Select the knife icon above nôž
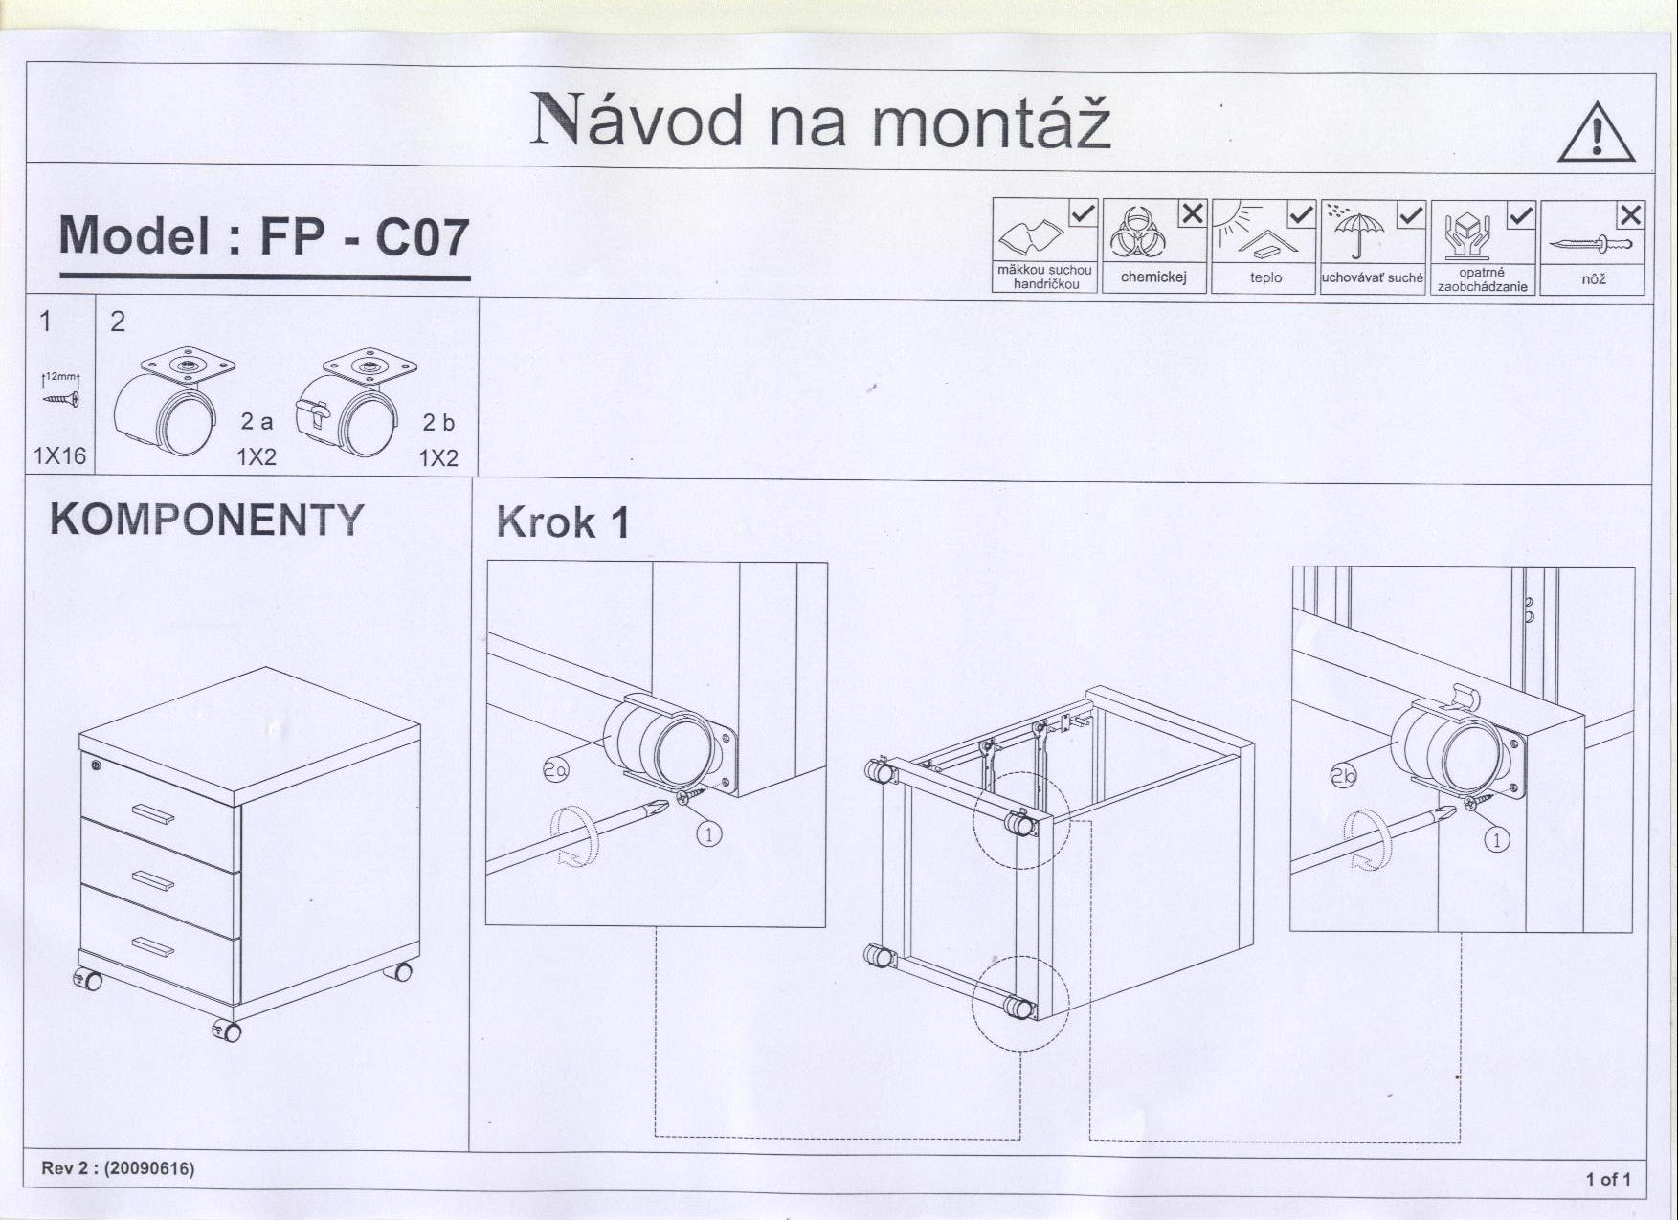pos(1590,244)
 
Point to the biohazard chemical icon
pos(1137,233)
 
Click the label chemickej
pos(1153,277)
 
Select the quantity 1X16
pos(59,455)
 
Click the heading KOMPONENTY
pos(207,520)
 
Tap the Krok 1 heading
pos(563,522)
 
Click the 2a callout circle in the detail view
pos(555,768)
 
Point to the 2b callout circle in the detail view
pos(1343,775)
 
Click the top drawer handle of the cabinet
pos(153,814)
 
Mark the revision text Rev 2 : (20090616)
pos(118,1168)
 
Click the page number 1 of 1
pos(1608,1179)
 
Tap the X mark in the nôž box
pos(1630,215)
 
